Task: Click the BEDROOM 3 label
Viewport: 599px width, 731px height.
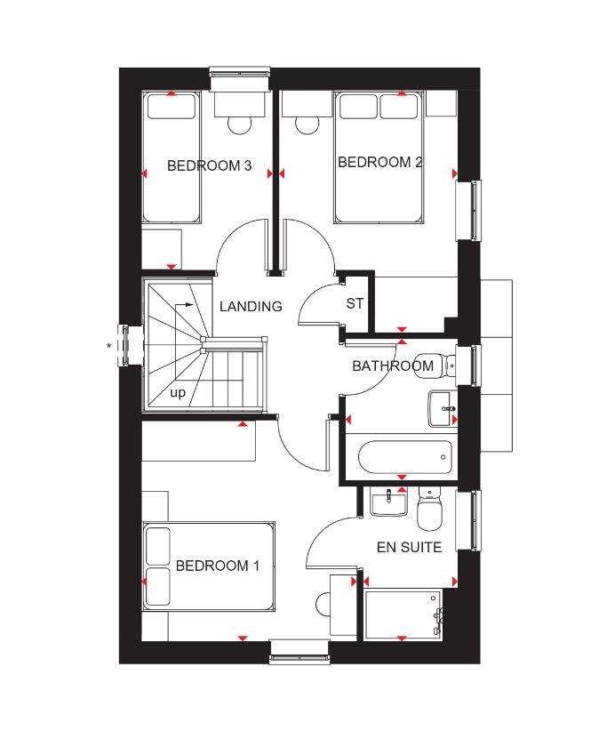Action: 209,165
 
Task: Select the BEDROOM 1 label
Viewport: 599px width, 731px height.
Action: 218,566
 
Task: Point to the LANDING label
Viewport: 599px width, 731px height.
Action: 251,306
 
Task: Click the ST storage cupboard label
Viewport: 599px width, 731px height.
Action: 355,303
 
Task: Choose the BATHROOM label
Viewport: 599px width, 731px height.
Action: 393,365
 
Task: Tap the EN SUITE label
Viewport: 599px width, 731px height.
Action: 409,547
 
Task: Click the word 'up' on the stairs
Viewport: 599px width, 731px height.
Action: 178,392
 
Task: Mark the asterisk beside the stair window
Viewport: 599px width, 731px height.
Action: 109,345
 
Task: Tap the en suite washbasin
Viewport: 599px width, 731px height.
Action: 388,502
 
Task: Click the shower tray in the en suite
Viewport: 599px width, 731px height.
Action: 403,612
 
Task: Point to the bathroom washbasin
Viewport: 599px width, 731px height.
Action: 443,409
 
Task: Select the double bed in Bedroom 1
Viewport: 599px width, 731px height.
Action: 209,566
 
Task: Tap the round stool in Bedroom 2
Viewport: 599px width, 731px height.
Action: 307,123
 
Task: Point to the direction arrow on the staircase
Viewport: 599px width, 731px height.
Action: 185,306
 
